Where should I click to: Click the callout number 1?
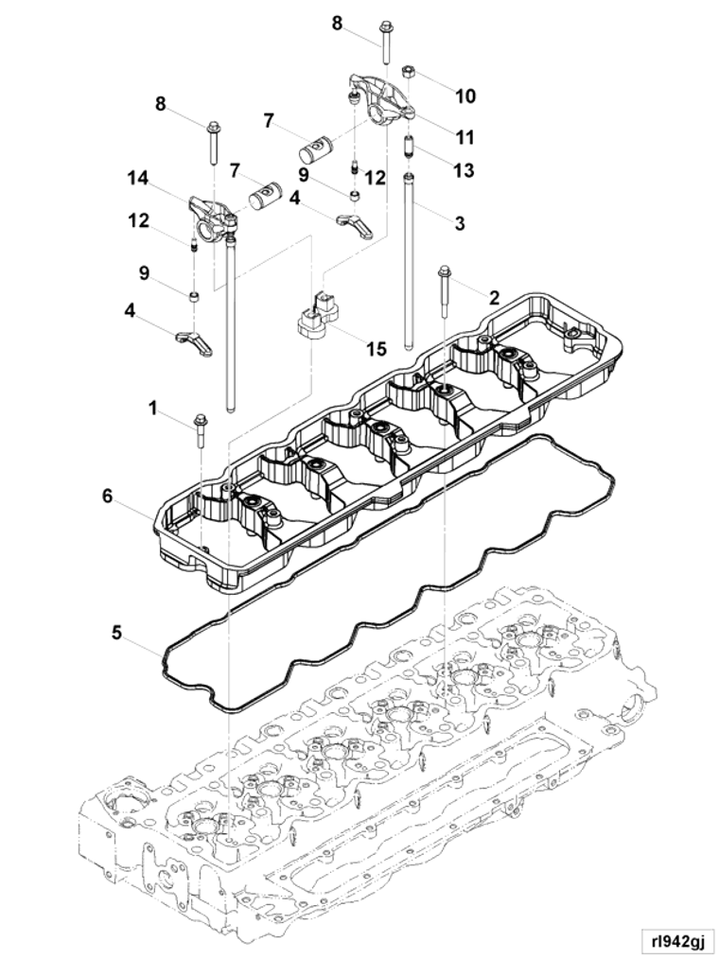[152, 408]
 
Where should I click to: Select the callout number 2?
[494, 297]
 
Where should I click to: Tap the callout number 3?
[460, 224]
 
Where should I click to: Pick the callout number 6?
[108, 496]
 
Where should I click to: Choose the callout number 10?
[465, 96]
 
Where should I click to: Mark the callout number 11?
[465, 138]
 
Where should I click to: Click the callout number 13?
[464, 170]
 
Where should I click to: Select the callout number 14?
[138, 177]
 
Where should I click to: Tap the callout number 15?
[377, 349]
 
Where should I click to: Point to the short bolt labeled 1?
[200, 430]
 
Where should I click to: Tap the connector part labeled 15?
[318, 317]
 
